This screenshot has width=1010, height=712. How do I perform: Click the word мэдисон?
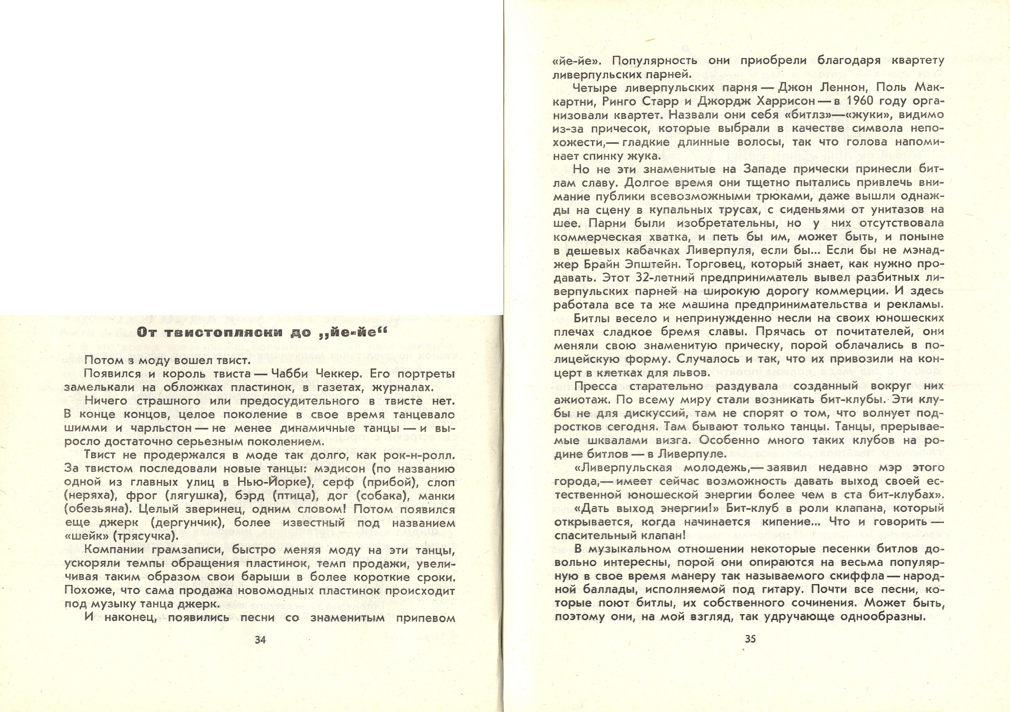coord(339,469)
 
